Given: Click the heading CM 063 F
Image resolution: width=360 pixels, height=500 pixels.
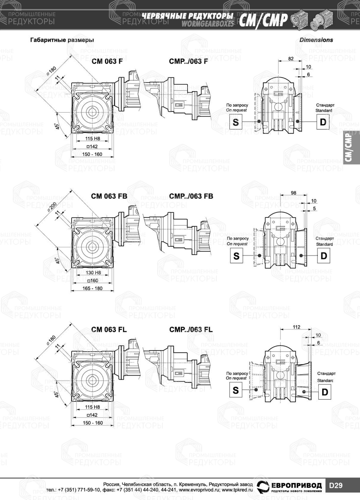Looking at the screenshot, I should tap(107, 61).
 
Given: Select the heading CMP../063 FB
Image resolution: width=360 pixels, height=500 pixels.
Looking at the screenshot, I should tap(191, 196).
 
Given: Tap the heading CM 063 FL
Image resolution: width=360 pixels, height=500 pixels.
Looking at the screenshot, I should tap(109, 329).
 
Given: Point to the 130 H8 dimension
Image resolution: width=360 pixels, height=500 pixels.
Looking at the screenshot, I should tap(93, 272).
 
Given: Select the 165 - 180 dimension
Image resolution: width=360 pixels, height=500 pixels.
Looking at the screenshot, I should tap(93, 288).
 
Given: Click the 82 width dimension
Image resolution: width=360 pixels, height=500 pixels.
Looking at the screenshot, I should tap(291, 59).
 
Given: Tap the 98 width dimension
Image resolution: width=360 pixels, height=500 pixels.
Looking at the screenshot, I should tap(293, 193).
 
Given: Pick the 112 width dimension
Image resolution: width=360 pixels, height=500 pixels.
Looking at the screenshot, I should tap(296, 327).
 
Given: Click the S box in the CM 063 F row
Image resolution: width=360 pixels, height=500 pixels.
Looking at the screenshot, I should tap(235, 122).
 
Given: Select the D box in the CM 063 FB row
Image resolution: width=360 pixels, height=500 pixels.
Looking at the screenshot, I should tap(324, 256).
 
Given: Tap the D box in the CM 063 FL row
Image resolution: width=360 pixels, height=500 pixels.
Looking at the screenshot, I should tap(325, 392).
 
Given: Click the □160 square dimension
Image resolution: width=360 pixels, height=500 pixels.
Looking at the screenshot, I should tap(93, 280).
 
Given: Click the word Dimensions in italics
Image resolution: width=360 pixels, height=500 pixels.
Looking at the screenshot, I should tap(316, 40).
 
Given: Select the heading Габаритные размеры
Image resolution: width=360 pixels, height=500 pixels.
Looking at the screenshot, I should tap(62, 40).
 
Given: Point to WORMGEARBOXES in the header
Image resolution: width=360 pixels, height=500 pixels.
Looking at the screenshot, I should tap(207, 24).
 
